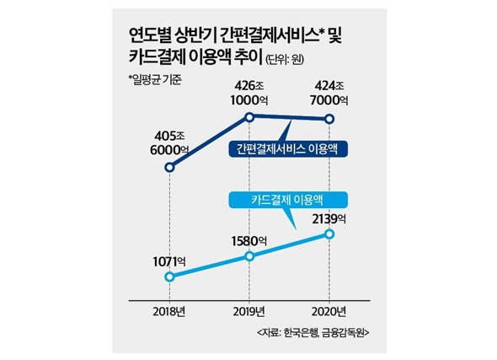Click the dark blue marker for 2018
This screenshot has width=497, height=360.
tap(170, 167)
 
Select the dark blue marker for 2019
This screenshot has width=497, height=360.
tap(250, 117)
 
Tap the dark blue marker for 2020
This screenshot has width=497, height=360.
tap(329, 119)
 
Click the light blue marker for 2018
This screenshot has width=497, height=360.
tap(170, 277)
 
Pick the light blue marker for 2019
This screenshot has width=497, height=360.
tap(250, 256)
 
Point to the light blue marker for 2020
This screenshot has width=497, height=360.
tap(329, 234)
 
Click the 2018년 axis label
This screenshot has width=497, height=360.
tap(169, 312)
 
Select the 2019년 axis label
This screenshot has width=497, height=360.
tap(249, 312)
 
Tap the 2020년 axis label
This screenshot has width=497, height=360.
tap(329, 312)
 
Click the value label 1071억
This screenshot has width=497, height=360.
tap(169, 262)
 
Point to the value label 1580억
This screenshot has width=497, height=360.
tap(248, 241)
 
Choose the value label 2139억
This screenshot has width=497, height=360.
tap(329, 219)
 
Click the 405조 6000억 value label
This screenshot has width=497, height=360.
tap(169, 143)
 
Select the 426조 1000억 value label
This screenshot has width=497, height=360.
tap(249, 94)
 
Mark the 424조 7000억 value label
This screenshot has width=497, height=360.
tap(329, 94)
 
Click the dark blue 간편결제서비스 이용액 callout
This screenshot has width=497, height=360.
tap(288, 149)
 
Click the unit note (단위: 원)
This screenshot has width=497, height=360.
tap(285, 59)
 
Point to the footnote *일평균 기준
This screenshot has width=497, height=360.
tap(155, 79)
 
